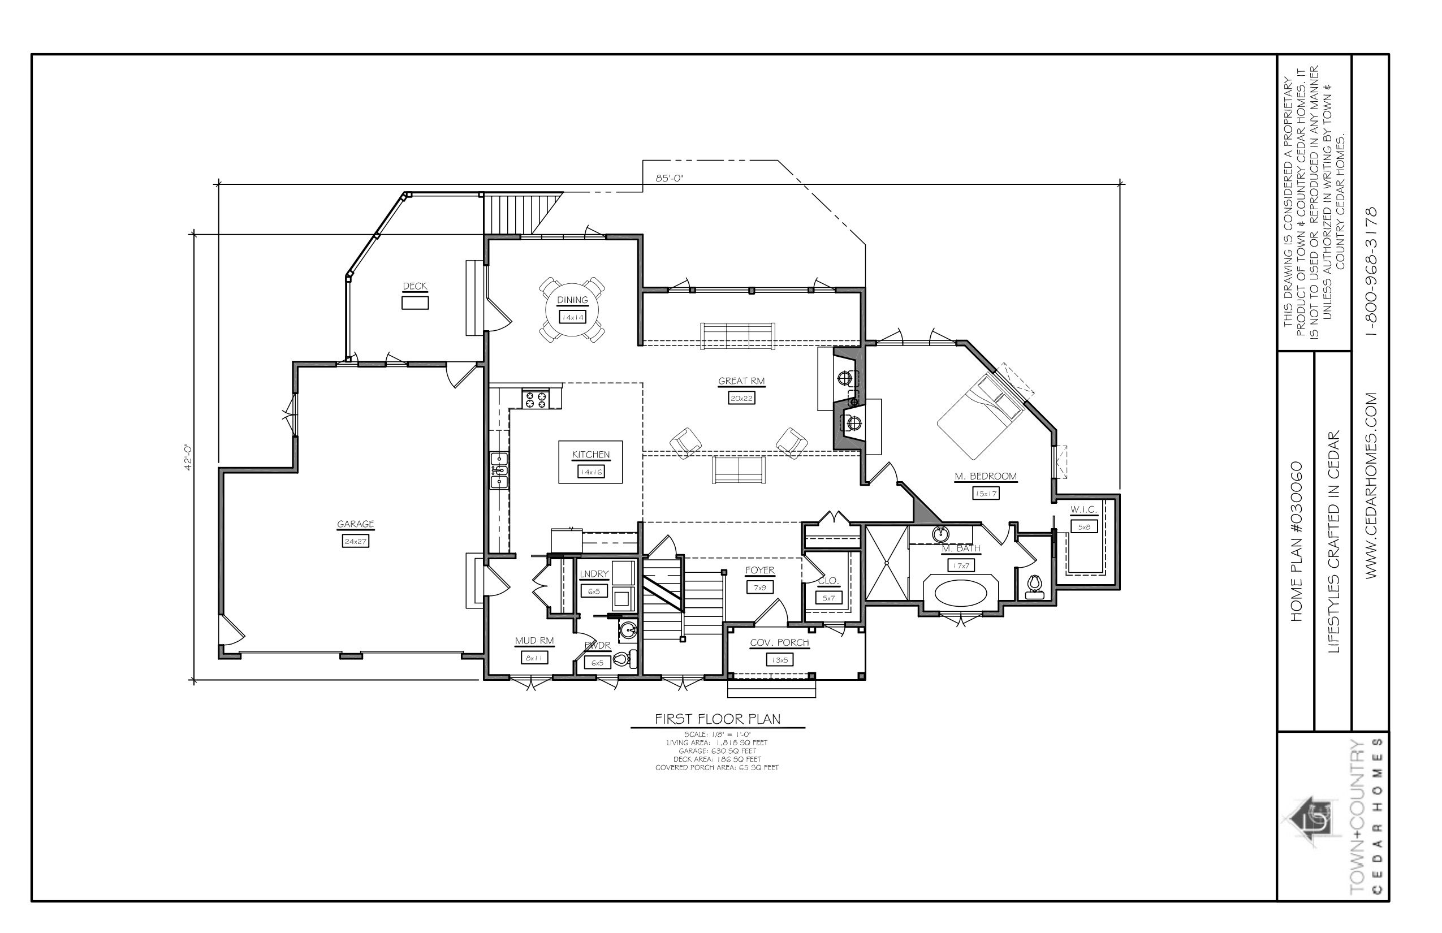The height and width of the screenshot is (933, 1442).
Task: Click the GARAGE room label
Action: pos(356,524)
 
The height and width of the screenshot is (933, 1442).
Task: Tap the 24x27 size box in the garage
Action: pos(356,541)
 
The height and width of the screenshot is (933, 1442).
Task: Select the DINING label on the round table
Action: pos(572,300)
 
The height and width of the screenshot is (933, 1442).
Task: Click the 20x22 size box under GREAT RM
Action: pos(741,398)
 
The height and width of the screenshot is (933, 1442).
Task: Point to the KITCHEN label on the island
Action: pos(591,455)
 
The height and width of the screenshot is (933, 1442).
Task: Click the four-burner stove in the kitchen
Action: pos(536,399)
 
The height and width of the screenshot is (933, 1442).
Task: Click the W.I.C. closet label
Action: pos(1084,510)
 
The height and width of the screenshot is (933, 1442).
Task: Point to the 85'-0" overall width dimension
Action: pos(669,178)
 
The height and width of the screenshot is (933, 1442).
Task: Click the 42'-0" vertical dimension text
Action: pos(188,457)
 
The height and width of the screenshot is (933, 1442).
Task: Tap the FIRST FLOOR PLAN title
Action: pos(718,719)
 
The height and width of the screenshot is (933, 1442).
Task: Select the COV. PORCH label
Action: pos(779,643)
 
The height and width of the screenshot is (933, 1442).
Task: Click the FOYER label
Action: pos(760,570)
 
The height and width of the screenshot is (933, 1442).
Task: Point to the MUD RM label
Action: pos(534,640)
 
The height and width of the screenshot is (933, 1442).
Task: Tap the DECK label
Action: pos(415,286)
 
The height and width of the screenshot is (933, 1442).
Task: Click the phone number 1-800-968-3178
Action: pos(1372,272)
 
